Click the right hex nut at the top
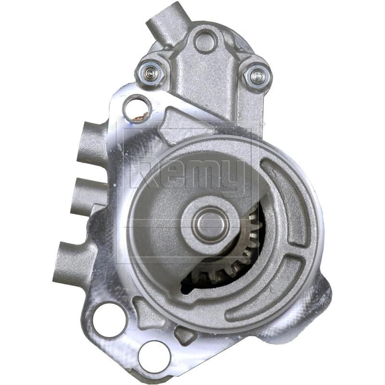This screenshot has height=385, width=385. point(257,75)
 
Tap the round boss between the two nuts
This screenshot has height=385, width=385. point(205,41)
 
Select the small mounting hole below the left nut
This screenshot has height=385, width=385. point(137,109)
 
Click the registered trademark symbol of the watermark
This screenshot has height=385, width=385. point(262,124)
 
